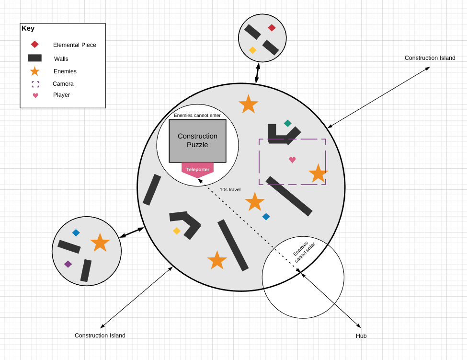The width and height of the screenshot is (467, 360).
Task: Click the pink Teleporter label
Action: pos(197,169)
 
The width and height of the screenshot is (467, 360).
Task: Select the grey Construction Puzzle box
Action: pos(197,140)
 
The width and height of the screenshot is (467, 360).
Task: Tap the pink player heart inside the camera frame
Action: pos(292,160)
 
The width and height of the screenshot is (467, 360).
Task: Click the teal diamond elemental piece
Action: pos(287,123)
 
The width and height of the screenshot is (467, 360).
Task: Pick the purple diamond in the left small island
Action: pos(68,264)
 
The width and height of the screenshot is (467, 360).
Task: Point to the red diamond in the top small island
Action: pos(272,28)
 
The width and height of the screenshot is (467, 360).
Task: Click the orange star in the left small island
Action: pos(100,242)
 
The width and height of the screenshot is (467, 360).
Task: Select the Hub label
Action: pos(361,336)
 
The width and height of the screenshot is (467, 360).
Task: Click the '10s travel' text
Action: pos(230,190)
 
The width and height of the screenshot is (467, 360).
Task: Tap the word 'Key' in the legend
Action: pos(28,28)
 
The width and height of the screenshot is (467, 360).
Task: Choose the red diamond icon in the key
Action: pos(34,45)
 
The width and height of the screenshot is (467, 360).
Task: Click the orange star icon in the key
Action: pos(34,71)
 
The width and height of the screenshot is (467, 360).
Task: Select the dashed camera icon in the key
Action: pos(35,84)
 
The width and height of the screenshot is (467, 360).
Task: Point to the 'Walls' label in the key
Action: pos(61,58)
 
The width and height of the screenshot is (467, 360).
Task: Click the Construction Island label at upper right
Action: pos(430,58)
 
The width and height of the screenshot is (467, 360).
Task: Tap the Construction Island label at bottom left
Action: pos(100,336)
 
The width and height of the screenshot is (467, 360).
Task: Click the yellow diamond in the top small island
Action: pos(252,50)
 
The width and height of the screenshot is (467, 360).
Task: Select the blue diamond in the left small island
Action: pos(76,233)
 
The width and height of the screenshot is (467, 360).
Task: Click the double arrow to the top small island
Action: pos(257,73)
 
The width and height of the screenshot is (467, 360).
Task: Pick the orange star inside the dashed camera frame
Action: pos(318,173)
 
